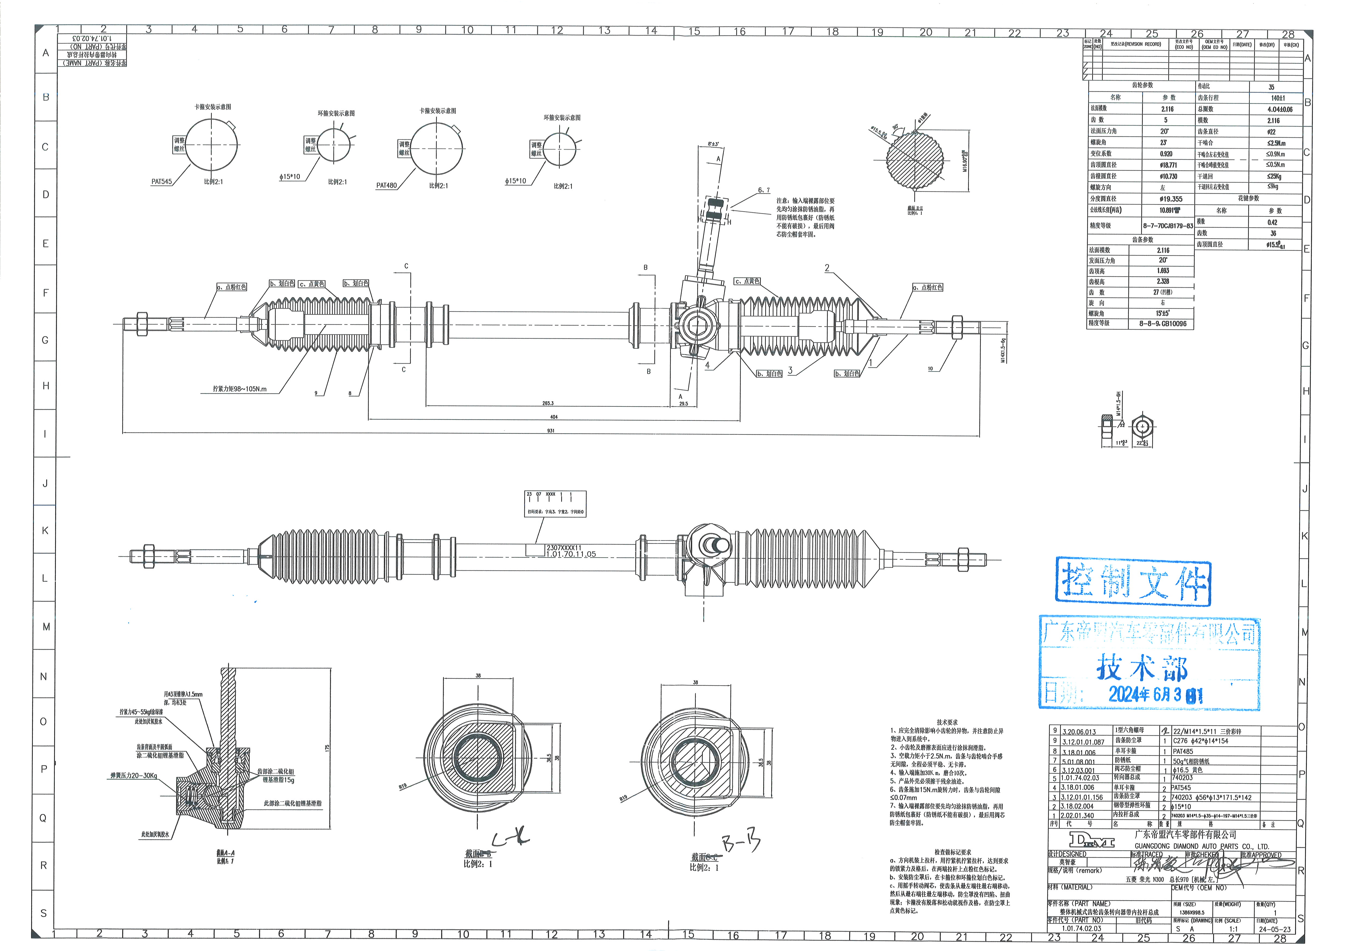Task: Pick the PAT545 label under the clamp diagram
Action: [x=162, y=182]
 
